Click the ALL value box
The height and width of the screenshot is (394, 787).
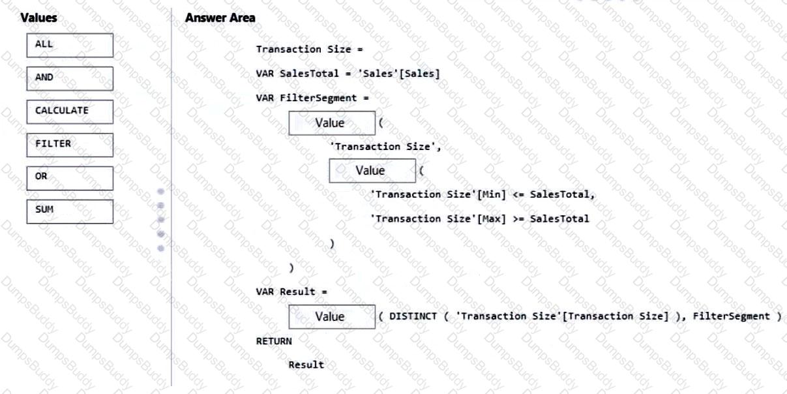point(70,45)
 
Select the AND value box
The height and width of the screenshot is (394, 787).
point(70,78)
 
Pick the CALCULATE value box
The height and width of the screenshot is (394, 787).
point(70,112)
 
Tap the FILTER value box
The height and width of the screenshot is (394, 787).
point(70,145)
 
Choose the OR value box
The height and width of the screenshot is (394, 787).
point(70,178)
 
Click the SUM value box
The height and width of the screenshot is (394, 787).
point(70,211)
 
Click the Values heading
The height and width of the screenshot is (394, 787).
point(38,18)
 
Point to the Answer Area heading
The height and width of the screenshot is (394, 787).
point(220,18)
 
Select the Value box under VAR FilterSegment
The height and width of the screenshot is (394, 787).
point(332,123)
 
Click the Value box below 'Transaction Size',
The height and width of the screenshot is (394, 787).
point(372,171)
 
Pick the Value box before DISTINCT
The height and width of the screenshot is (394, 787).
point(332,316)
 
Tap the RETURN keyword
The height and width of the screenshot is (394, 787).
point(274,341)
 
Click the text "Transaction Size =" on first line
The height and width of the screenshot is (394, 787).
point(308,50)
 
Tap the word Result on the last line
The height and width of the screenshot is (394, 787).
point(306,365)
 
